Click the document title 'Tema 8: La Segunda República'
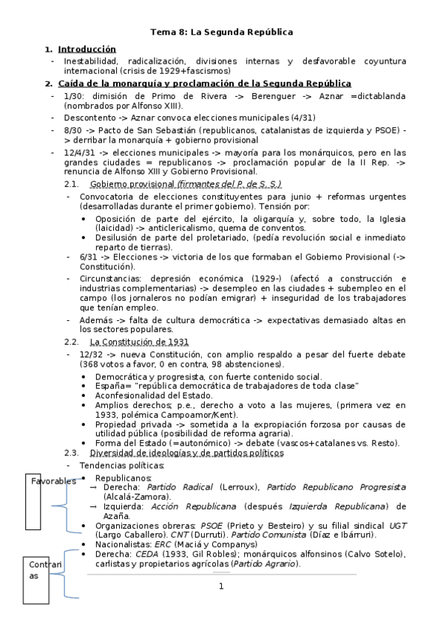pyautogui.click(x=222, y=33)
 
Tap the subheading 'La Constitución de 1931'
pyautogui.click(x=139, y=342)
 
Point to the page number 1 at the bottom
pyautogui.click(x=220, y=586)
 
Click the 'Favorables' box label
pyautogui.click(x=53, y=481)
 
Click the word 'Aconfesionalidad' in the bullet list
pyautogui.click(x=132, y=396)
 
